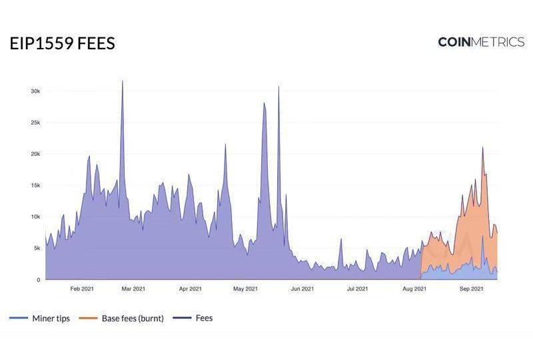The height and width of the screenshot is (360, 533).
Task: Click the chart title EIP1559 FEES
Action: click(x=62, y=44)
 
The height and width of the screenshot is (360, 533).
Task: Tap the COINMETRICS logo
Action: click(x=481, y=42)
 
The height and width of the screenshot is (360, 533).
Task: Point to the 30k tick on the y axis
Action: click(x=35, y=91)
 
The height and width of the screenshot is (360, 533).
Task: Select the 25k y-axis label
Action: click(x=35, y=123)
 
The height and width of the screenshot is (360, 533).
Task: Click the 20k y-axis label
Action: click(x=35, y=154)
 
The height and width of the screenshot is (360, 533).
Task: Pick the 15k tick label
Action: click(x=35, y=185)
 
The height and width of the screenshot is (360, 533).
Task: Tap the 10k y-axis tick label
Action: click(x=35, y=217)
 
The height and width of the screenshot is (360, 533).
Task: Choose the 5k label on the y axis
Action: click(x=37, y=248)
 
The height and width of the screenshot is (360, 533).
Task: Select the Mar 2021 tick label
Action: click(x=134, y=289)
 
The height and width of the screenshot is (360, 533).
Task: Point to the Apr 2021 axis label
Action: click(x=191, y=289)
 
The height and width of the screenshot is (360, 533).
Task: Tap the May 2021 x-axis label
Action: click(x=246, y=289)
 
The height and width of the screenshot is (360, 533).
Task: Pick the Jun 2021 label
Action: click(x=302, y=289)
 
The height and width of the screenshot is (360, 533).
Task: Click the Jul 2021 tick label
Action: click(x=357, y=289)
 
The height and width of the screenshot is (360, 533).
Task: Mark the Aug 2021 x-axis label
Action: click(x=414, y=289)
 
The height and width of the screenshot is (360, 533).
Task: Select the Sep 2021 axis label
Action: click(x=471, y=289)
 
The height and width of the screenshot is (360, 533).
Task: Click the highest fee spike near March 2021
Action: click(x=123, y=82)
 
